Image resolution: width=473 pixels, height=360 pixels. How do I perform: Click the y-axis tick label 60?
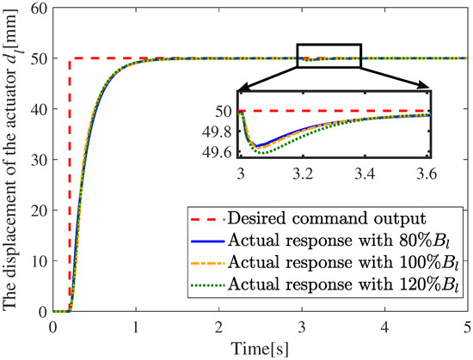click(x=40, y=8)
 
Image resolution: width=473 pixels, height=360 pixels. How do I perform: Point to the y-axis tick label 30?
click(x=40, y=160)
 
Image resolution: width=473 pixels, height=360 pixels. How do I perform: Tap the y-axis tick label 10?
click(x=40, y=261)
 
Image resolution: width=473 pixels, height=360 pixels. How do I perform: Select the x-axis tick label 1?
click(x=136, y=327)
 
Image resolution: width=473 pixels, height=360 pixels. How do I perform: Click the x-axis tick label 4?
click(x=385, y=327)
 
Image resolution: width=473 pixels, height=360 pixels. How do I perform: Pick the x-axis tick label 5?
click(x=467, y=327)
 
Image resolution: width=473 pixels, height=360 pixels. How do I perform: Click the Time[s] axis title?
click(x=260, y=349)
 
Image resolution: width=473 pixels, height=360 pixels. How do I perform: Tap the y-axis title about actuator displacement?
click(x=10, y=159)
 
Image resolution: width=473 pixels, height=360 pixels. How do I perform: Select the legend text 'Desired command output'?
click(x=327, y=218)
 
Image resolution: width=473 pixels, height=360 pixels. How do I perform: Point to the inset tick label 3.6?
click(x=427, y=174)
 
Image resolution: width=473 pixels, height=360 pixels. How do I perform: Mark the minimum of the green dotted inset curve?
click(x=263, y=153)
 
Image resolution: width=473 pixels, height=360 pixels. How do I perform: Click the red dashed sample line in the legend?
click(x=207, y=218)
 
